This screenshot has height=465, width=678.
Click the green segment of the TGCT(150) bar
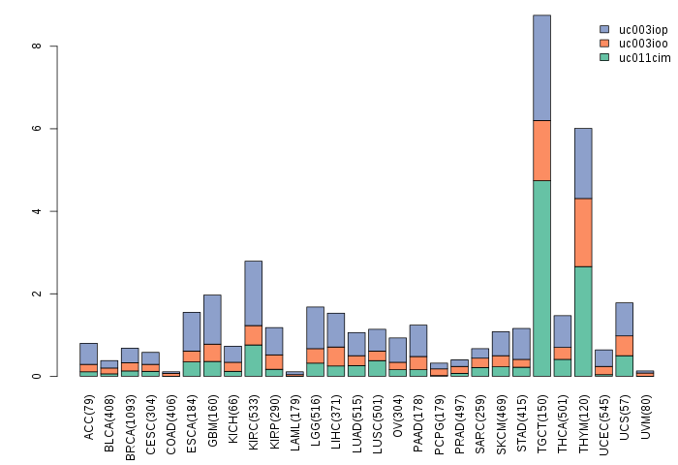point(541,278)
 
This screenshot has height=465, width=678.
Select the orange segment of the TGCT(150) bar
point(541,150)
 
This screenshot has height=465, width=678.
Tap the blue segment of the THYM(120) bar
point(583,163)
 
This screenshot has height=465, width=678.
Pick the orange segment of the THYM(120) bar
point(583,232)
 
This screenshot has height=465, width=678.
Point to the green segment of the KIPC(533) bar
point(253,360)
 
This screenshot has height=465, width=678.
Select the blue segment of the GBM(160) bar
point(212,319)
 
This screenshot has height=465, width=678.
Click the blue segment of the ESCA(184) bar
point(192,331)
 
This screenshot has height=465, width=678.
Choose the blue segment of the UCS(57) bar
point(624,319)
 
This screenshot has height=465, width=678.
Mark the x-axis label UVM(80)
point(645,415)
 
